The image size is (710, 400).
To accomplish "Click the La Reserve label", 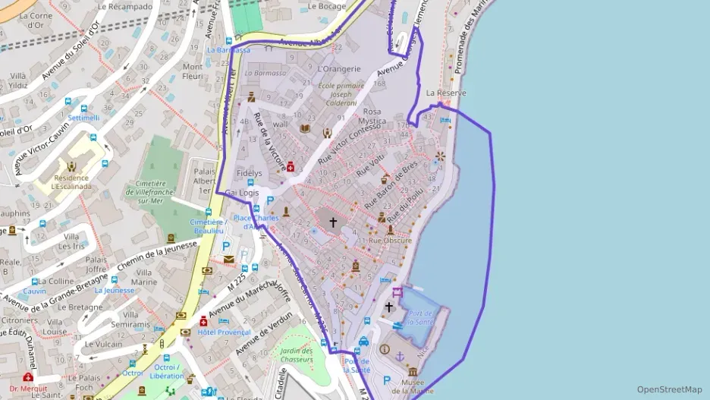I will [446, 93].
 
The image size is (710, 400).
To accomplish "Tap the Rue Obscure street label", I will [390, 241].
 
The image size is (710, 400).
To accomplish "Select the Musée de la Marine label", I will [413, 386].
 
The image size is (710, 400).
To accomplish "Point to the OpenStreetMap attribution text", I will [669, 389].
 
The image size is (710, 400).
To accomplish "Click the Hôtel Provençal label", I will [224, 332].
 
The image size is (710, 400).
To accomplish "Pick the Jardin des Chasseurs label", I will [296, 355].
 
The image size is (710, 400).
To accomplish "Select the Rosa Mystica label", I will [372, 116].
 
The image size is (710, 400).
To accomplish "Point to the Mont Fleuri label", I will [193, 71].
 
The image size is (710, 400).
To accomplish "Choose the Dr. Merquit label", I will [29, 389].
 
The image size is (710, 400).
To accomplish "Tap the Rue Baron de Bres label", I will [391, 185].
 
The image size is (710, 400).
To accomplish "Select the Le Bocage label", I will [327, 6].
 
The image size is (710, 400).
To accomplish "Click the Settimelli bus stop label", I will [83, 118].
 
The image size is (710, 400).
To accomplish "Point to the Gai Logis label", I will [242, 193].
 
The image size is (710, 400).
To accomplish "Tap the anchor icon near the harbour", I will [401, 355].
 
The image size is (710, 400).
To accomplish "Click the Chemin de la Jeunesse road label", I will [159, 255].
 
